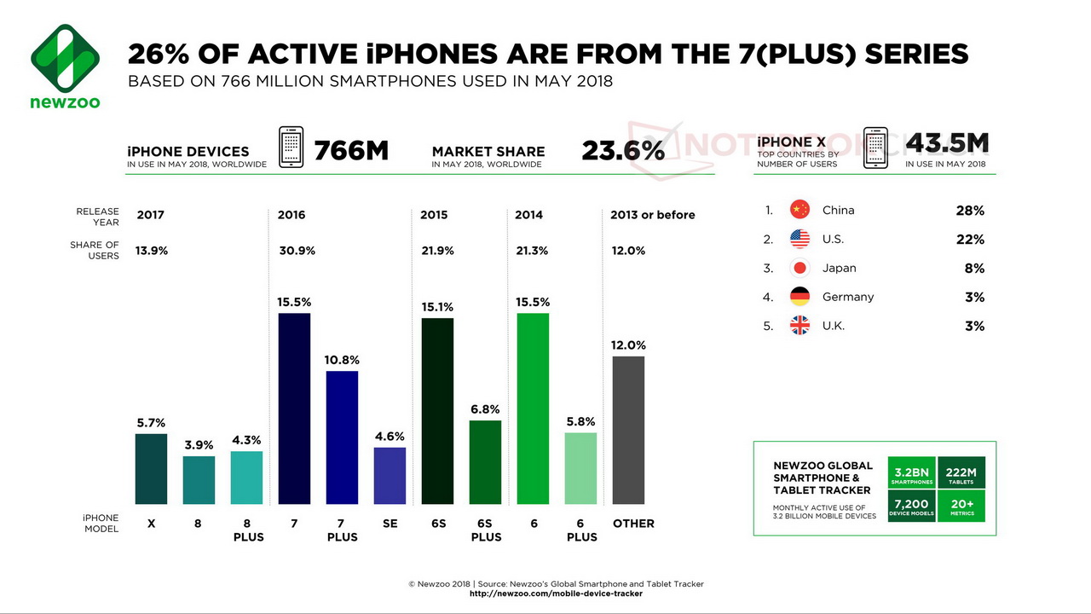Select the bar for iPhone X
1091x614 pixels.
point(151,468)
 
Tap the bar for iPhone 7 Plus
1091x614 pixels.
point(342,437)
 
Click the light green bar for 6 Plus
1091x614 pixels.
point(580,467)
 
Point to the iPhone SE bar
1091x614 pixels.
point(390,475)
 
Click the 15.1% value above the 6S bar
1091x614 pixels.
point(437,307)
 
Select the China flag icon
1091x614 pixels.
point(799,210)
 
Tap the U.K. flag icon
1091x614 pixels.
point(799,326)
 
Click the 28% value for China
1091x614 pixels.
point(969,210)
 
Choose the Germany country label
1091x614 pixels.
point(847,297)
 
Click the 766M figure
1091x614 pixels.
point(351,151)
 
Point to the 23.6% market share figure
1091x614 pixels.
point(622,151)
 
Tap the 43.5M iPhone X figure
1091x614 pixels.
point(946,142)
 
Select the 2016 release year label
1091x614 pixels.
point(292,215)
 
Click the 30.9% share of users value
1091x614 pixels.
point(297,251)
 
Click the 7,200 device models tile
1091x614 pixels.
point(911,507)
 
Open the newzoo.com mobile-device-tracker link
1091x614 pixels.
point(556,594)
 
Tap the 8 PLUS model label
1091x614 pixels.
point(248,530)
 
